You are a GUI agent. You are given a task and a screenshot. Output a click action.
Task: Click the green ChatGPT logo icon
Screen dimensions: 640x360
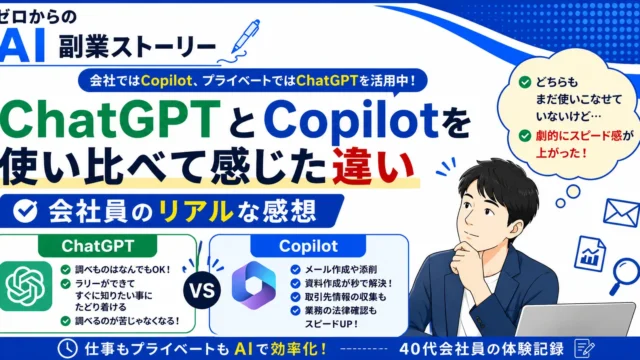(x=26, y=286)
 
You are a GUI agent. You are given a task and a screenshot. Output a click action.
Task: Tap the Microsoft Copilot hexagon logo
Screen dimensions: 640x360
(x=253, y=285)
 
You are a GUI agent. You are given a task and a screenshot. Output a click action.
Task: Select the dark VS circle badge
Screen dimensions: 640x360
(x=202, y=291)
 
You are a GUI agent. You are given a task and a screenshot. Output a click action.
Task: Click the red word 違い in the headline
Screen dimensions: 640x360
(x=373, y=166)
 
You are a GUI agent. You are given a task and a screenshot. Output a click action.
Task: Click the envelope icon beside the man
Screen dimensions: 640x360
(x=621, y=212)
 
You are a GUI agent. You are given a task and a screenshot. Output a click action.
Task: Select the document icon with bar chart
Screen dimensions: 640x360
(x=590, y=254)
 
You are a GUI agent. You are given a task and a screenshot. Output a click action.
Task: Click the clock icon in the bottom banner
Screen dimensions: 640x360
(x=67, y=349)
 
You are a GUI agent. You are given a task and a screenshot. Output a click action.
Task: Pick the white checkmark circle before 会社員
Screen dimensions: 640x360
(x=25, y=211)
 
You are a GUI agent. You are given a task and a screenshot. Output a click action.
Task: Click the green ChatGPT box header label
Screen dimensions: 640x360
(x=98, y=246)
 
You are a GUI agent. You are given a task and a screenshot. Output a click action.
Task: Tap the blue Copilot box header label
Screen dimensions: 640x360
(x=308, y=246)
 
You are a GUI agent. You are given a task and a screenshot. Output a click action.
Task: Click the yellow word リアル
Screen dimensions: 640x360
(x=193, y=211)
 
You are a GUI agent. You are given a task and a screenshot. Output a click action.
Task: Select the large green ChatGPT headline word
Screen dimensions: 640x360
(x=110, y=119)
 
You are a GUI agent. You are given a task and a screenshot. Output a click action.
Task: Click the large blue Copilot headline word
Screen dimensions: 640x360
(x=351, y=120)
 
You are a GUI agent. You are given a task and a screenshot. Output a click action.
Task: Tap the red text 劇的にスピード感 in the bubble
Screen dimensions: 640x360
(x=579, y=136)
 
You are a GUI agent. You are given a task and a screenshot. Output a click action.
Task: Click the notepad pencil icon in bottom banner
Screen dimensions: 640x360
(x=584, y=349)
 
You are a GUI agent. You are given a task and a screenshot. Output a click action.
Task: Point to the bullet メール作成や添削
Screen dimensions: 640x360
(x=341, y=269)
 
